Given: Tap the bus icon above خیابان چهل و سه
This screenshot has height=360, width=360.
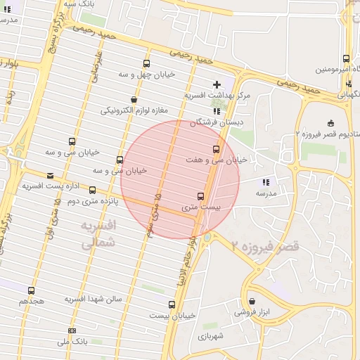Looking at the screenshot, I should point(146,63).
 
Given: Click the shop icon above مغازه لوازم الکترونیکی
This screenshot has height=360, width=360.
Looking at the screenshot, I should point(134,99).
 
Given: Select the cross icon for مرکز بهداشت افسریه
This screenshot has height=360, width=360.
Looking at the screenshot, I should point(217,84).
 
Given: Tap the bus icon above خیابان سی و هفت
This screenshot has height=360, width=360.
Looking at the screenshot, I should point(216,149).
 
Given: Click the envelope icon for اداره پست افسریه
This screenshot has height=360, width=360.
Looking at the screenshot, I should point(50,176).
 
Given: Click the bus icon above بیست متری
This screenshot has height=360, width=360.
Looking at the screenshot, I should point(201,196).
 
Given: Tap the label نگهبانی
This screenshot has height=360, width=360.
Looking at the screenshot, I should point(349,94).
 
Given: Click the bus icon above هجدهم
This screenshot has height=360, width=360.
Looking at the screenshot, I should point(32,290).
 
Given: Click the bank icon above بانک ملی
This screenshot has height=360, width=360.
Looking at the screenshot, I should point(72,330).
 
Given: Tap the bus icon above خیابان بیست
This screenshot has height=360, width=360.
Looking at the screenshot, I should point(172,304).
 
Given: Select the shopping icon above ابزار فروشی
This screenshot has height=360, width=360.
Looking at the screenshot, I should point(252,301).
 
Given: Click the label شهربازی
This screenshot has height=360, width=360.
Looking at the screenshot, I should point(210,336).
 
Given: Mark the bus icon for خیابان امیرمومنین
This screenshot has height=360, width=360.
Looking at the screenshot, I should point(346,58).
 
